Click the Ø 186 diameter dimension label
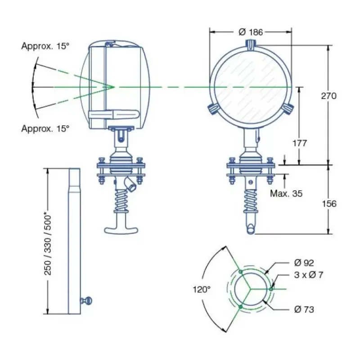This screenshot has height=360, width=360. click(x=251, y=32)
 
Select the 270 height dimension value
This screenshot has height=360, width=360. click(x=328, y=96)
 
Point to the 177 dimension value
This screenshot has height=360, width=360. click(x=300, y=143)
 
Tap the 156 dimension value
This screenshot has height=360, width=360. click(x=329, y=204)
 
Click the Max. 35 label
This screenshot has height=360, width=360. click(x=286, y=193)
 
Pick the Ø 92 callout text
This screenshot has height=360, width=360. click(x=304, y=263)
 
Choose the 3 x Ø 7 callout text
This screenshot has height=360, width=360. click(x=309, y=275)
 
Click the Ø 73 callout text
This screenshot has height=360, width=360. click(x=304, y=310)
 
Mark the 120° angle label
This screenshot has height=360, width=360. click(x=202, y=289)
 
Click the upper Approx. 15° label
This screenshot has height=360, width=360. click(x=45, y=46)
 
